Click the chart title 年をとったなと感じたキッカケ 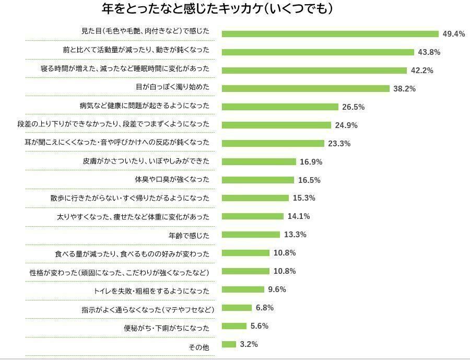click(x=217, y=9)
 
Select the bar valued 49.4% click(x=330, y=34)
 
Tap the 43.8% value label click(x=429, y=52)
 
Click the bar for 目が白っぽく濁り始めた click(x=305, y=88)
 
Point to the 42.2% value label click(x=421, y=71)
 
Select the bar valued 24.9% click(x=276, y=125)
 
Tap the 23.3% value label click(x=339, y=144)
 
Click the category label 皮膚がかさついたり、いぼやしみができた click(x=146, y=161)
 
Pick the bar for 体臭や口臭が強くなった click(x=258, y=180)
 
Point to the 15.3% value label click(x=304, y=198)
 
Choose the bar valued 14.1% click(x=252, y=216)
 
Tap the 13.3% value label click(x=295, y=235)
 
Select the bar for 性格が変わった click(x=245, y=271)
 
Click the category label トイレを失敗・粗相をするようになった click(x=151, y=291)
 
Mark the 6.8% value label click(x=264, y=308)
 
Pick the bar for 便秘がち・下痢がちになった click(x=234, y=326)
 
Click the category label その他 click(x=198, y=347)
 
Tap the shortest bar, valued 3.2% click(x=229, y=344)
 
